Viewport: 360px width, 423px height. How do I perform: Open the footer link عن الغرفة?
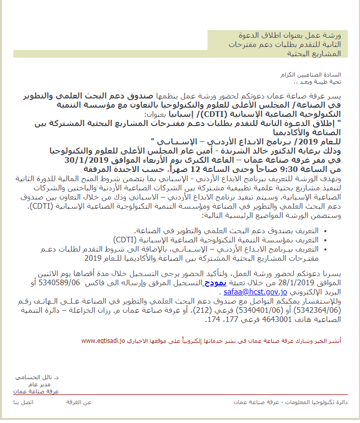coord(79,403)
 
